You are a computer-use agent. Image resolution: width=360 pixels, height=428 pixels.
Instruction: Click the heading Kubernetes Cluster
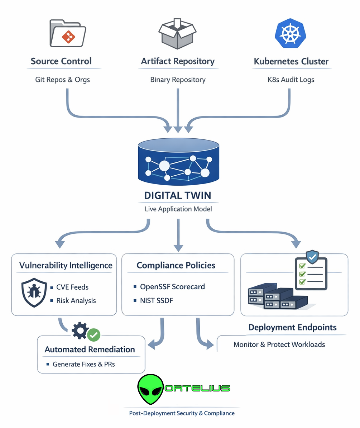[x=291, y=61]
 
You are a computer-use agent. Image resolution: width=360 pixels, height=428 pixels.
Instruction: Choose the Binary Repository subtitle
[x=178, y=80]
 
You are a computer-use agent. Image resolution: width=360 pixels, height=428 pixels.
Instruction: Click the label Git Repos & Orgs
[x=62, y=80]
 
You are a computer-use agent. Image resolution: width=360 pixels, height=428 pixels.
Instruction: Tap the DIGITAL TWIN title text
[x=178, y=195]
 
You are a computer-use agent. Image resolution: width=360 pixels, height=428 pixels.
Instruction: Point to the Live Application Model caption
[x=178, y=209]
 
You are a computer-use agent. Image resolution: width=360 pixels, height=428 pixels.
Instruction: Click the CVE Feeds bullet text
[x=72, y=287]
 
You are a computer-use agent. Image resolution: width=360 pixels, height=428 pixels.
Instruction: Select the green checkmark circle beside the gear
[x=94, y=335]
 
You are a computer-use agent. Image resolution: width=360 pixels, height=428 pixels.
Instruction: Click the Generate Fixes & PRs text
[x=84, y=364]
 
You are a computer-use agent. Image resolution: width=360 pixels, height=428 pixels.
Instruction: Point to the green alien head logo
[x=150, y=390]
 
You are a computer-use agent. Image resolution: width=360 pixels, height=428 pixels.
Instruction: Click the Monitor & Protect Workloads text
[x=279, y=344]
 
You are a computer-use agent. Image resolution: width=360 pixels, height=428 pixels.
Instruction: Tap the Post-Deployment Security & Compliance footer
[x=182, y=413]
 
